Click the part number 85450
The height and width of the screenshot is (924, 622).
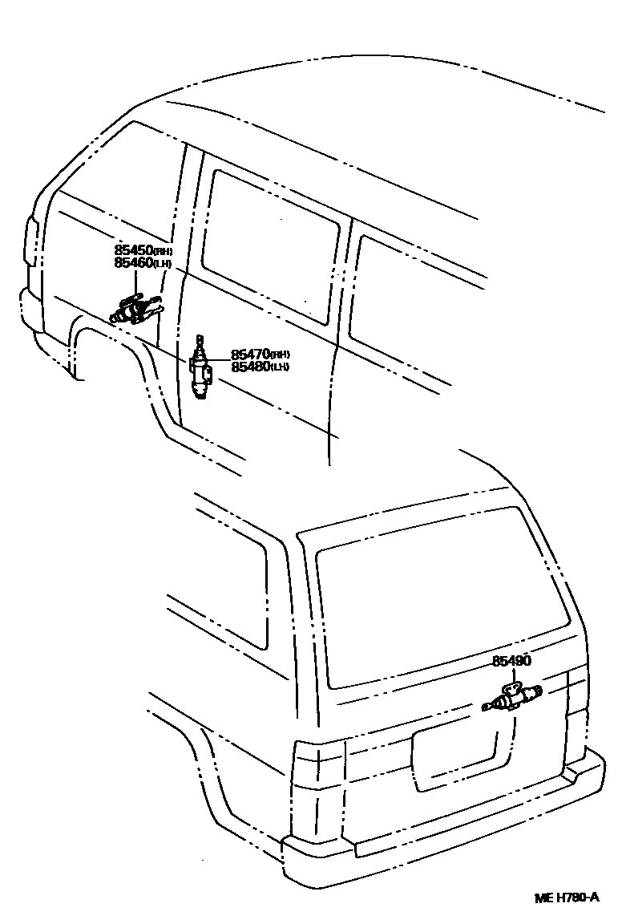click(132, 251)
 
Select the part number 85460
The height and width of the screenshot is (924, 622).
click(132, 262)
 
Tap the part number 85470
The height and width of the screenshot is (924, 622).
click(250, 355)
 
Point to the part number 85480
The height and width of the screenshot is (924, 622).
click(250, 367)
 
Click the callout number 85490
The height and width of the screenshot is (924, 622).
click(512, 661)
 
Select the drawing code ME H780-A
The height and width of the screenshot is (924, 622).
click(567, 897)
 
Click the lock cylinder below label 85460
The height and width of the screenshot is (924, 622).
click(132, 308)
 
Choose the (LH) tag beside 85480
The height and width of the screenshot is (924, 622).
click(280, 368)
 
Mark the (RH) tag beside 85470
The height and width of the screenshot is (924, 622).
click(280, 355)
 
